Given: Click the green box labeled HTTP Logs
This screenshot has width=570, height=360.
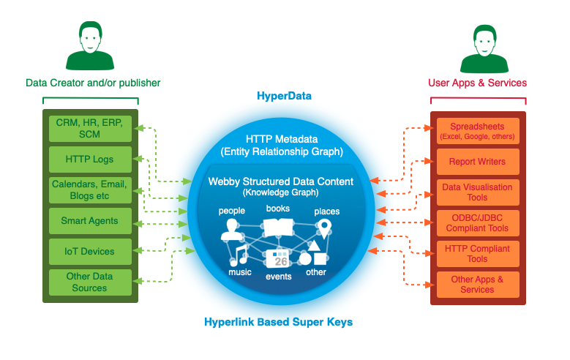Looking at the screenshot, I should tap(90, 159).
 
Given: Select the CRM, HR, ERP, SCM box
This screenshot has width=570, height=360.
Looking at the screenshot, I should tap(90, 129).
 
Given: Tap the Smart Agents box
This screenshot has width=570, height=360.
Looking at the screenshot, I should tap(90, 220).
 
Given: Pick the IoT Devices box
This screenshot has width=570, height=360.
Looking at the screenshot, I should tap(90, 251).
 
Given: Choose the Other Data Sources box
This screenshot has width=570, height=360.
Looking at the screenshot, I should tap(90, 282).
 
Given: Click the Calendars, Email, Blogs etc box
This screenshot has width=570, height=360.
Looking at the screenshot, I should tap(90, 190).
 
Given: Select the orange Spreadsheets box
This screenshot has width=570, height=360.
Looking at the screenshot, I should tap(477, 131).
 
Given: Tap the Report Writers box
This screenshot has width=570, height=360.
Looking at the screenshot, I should tap(477, 162).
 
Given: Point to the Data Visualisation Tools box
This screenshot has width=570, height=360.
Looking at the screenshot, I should tap(477, 192).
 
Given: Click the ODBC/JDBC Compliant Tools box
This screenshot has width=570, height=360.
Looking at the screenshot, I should tap(477, 223).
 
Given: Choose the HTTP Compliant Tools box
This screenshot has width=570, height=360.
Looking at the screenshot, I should tap(477, 254).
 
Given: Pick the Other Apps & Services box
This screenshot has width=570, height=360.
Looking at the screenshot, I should tap(477, 285).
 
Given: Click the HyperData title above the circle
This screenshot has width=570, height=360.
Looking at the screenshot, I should tap(284, 96).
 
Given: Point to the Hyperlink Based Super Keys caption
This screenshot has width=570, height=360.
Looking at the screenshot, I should tap(285, 322).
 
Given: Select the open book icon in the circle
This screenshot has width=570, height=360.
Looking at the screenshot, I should tap(278, 228).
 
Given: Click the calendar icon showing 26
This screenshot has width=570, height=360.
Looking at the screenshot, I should tap(280, 259).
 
